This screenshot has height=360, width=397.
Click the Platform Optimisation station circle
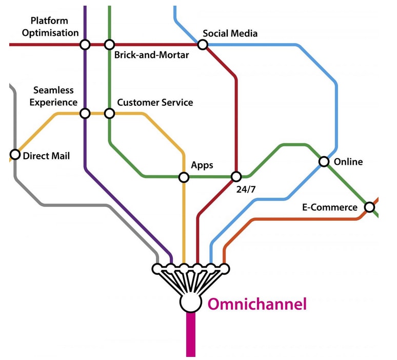85,45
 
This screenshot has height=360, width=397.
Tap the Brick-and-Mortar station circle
109,45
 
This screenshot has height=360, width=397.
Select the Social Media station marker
203,45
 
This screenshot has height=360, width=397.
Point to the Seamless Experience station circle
85,113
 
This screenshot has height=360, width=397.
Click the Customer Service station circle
109,113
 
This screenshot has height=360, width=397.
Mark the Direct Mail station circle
15,155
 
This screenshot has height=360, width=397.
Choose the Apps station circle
184,177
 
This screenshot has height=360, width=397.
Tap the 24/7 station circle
236,177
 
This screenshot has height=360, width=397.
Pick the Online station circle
324,162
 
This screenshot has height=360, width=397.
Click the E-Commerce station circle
369,207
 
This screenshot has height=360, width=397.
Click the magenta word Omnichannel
256,304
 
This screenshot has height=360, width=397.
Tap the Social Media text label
230,33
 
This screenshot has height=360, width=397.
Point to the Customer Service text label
155,102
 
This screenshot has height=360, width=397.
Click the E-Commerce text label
329,207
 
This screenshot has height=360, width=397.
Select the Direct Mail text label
46,156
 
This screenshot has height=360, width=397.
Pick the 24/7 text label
246,190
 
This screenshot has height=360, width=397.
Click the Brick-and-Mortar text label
151,55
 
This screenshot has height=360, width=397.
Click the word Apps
202,165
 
